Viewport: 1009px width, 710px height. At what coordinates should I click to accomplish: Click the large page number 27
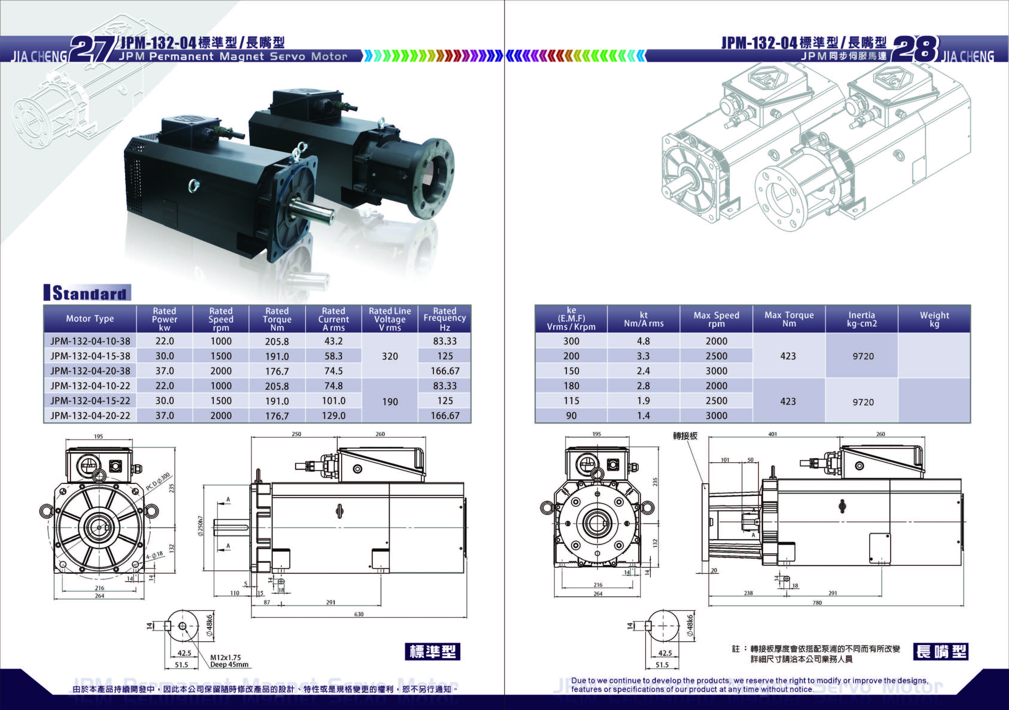(x=92, y=49)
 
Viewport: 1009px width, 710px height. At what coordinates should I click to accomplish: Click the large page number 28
(x=916, y=49)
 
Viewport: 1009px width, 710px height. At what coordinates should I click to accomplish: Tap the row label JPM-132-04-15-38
(x=90, y=356)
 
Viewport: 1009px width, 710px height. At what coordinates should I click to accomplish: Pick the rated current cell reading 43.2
(x=333, y=341)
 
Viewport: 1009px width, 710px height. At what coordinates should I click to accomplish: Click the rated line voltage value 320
(x=390, y=356)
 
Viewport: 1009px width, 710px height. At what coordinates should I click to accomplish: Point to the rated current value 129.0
(x=333, y=415)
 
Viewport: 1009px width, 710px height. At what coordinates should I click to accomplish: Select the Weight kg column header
(x=934, y=319)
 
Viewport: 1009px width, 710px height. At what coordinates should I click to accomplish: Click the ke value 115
(x=571, y=400)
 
